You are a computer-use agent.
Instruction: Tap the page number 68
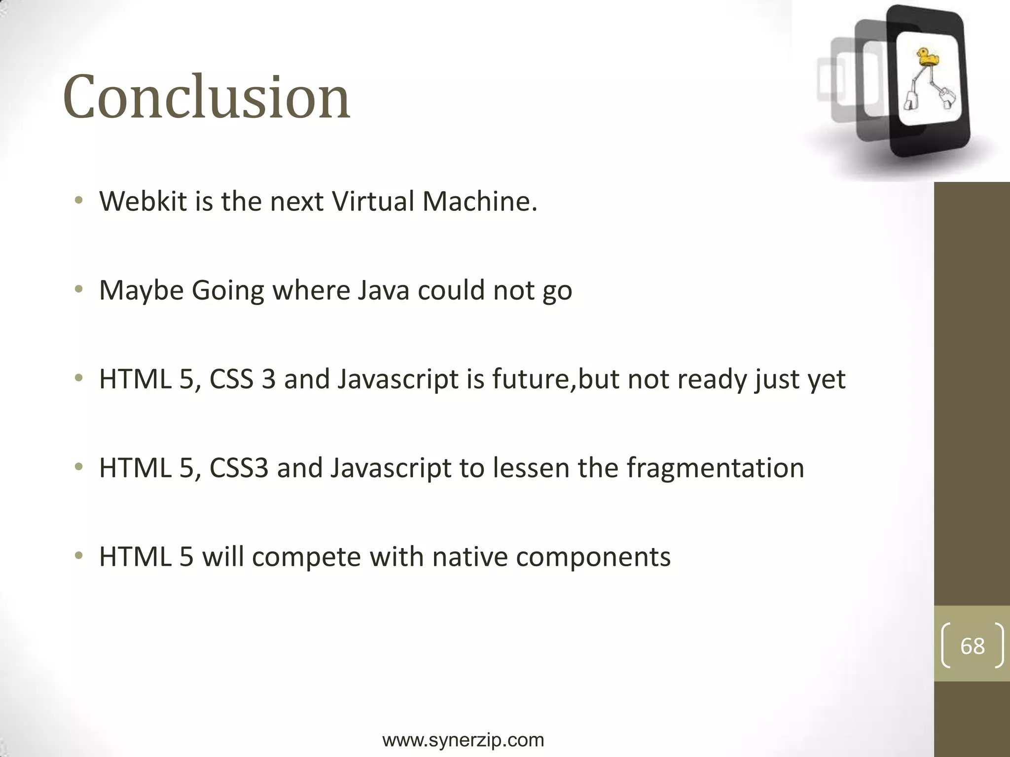point(972,646)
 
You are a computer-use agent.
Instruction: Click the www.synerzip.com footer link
point(463,740)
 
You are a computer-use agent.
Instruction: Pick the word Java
point(383,290)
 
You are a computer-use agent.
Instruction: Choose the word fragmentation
point(716,468)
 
